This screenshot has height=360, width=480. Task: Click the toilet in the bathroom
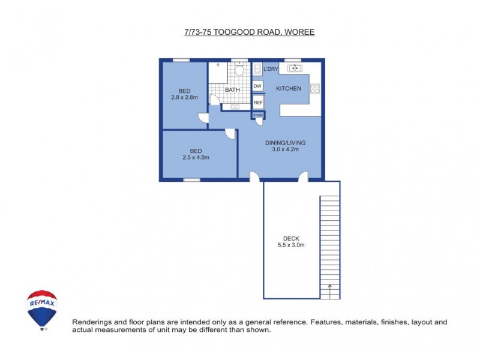240,71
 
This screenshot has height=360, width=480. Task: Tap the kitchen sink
295,68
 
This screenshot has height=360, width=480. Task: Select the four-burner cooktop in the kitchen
315,89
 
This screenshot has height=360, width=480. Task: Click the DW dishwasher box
257,86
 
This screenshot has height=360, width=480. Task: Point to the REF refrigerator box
258,103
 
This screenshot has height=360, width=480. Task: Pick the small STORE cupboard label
258,115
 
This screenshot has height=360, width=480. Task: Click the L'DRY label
271,70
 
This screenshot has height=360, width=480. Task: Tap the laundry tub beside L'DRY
257,69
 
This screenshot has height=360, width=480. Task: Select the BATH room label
232,90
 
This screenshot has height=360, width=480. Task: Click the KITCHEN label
288,89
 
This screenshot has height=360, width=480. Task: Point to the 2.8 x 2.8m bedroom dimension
184,97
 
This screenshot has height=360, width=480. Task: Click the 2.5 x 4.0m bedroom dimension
196,157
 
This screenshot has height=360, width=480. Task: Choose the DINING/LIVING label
286,143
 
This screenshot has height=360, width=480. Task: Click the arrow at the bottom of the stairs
329,293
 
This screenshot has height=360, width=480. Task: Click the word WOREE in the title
300,32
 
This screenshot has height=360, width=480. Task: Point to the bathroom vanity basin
235,107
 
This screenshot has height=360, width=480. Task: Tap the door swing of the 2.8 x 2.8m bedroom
204,119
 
